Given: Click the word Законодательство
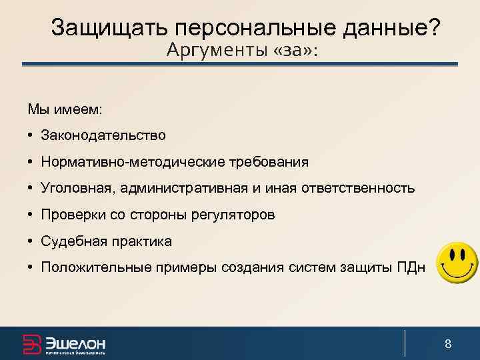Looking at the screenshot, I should tap(103, 135).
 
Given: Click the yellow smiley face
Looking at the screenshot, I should tap(457, 261).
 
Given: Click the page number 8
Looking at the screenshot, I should tap(448, 344).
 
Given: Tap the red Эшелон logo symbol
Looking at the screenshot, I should tap(32, 344).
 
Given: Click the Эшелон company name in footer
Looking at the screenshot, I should tap(75, 343).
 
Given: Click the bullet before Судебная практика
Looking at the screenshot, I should tap(31, 241).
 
